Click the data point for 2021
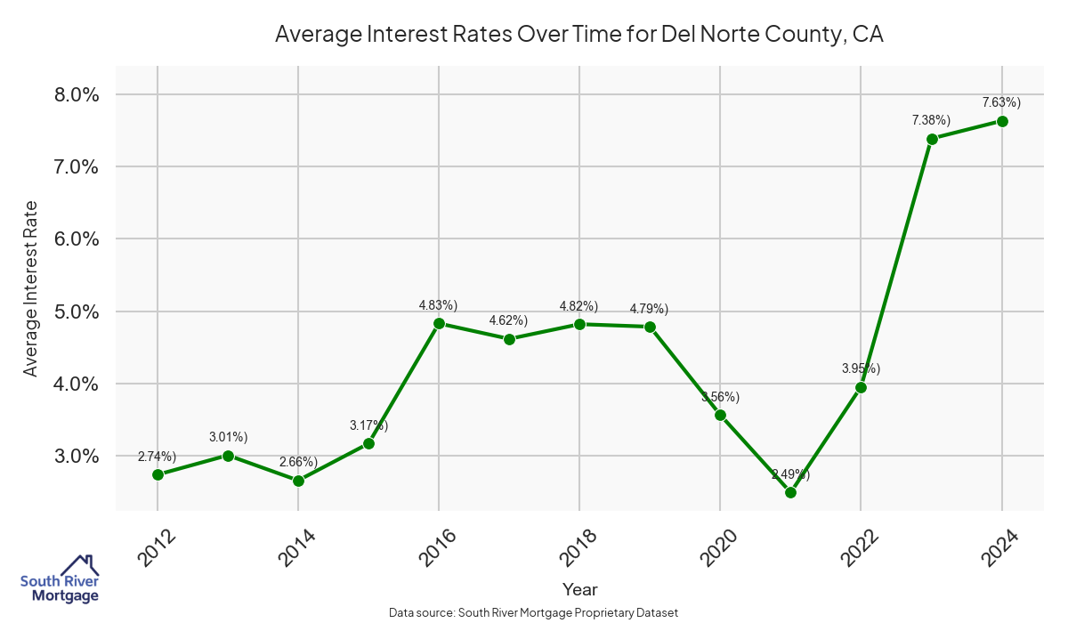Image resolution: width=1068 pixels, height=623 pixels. coord(790,492)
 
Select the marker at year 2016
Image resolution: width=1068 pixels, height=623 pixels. coord(439,323)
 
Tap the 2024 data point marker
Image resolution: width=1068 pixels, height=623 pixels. coord(1002,121)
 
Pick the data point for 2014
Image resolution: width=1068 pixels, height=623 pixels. coord(298,481)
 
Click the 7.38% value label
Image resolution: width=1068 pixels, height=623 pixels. coord(931,120)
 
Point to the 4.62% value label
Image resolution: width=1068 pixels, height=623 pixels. coord(508,320)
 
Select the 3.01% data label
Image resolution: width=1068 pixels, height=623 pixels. coord(228,437)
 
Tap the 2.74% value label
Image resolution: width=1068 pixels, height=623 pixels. coord(157,457)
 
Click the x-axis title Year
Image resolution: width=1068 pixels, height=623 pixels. coord(580,589)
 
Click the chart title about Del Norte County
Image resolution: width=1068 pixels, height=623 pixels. coord(578,34)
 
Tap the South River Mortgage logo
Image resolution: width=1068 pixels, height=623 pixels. coord(60,579)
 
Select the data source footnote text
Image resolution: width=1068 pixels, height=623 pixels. coord(534,612)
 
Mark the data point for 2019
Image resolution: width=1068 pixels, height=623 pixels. coord(650,327)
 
